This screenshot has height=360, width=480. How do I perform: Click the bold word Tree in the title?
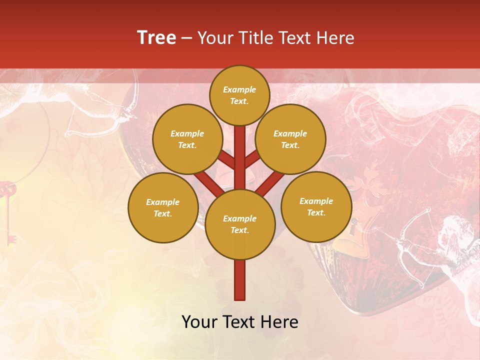156,37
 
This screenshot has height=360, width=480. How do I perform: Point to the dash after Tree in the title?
186,38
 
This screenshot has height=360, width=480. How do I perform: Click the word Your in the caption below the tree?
199,322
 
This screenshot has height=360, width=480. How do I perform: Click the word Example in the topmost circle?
239,89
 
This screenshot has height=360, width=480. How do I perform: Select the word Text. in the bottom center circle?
239,230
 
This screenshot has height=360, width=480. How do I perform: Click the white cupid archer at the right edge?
440,245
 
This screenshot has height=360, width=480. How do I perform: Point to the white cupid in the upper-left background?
95,105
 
